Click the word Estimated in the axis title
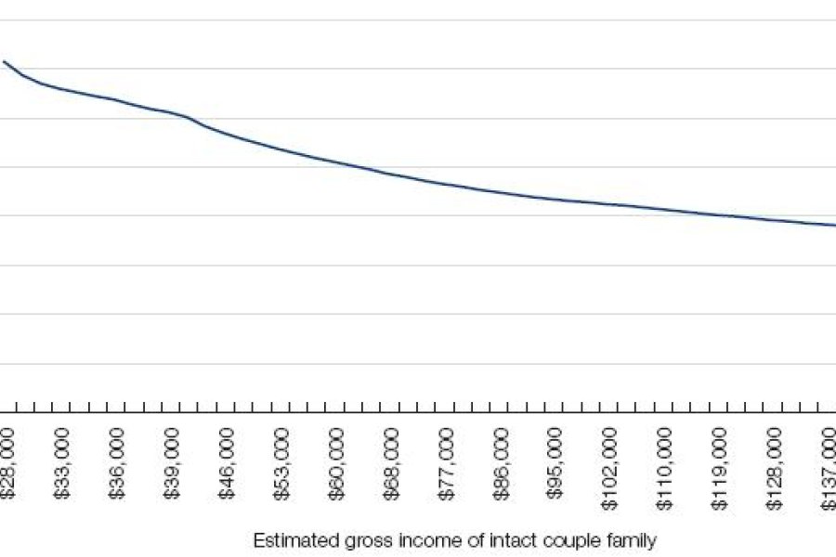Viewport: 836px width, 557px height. (285, 539)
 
